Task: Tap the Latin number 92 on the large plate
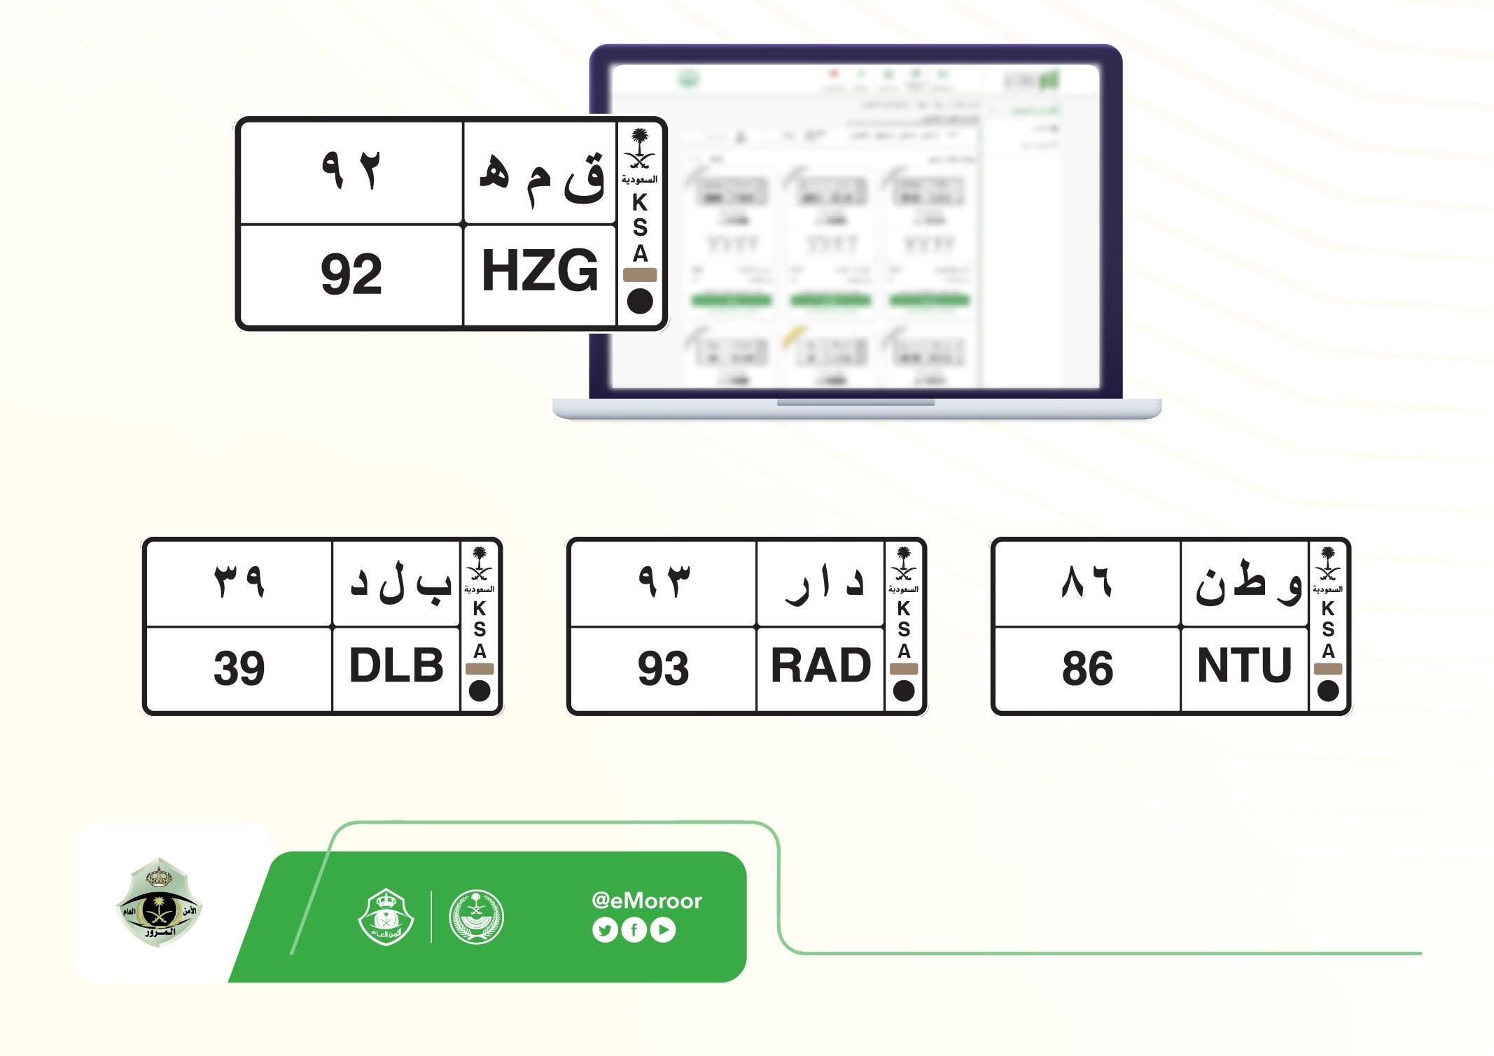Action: [x=351, y=274]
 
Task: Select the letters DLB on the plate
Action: [x=396, y=666]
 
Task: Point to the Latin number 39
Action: [x=239, y=668]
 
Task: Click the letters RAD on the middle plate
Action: [x=821, y=666]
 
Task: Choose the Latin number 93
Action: [x=663, y=668]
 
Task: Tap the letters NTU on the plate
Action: [x=1244, y=666]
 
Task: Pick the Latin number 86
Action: [x=1087, y=668]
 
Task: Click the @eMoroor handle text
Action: [x=646, y=901]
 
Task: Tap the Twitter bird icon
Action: [x=604, y=930]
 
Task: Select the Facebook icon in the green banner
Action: [x=634, y=930]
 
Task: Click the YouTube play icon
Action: [x=663, y=930]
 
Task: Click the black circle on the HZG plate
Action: [x=640, y=302]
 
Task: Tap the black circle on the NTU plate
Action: [x=1328, y=691]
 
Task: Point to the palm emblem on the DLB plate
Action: [x=480, y=564]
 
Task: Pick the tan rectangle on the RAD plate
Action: [x=904, y=669]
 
